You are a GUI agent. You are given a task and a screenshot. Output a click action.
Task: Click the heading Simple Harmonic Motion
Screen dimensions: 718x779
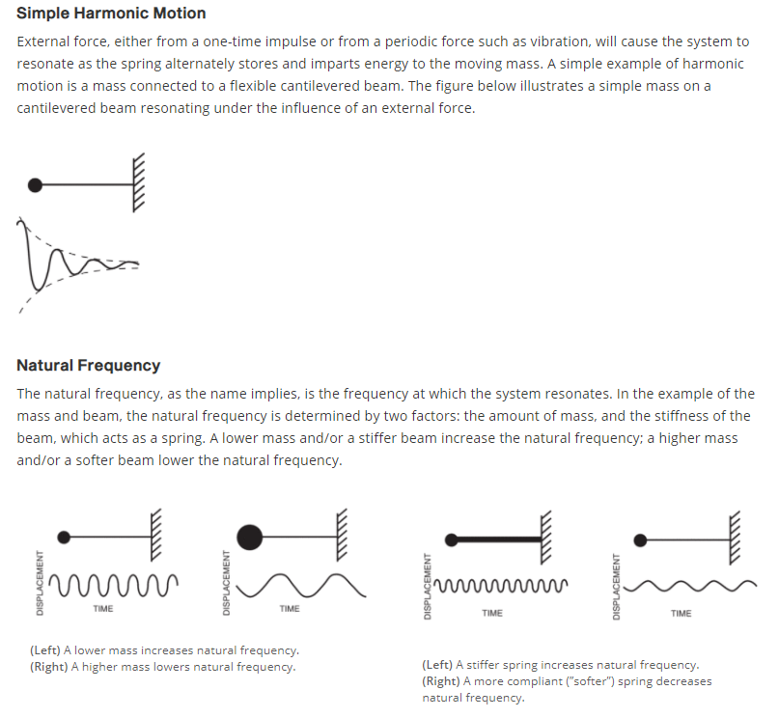tap(111, 14)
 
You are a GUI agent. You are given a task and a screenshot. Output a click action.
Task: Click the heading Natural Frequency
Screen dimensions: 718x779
tap(88, 365)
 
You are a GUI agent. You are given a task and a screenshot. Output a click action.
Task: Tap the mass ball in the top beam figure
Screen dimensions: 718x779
tap(36, 183)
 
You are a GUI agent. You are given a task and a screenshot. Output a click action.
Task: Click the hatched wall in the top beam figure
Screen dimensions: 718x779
tap(139, 183)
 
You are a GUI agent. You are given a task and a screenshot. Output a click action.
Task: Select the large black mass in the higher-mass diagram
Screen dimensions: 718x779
tap(249, 536)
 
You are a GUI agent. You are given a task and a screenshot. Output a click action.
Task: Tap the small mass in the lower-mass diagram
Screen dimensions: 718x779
tap(64, 536)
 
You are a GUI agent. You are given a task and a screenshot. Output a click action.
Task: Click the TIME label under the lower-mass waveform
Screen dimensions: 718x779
tap(103, 608)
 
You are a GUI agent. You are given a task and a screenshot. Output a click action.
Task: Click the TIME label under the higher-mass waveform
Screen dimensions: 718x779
tap(290, 608)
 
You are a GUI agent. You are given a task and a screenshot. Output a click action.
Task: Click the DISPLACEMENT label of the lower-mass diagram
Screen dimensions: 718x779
tap(40, 582)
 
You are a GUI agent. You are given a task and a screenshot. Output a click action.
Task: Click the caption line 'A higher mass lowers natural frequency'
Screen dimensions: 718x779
tap(163, 666)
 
